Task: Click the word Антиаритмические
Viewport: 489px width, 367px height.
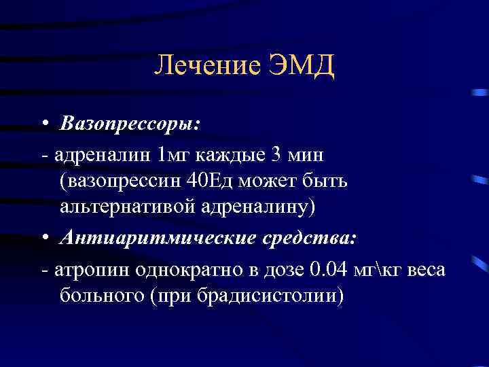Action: click(x=153, y=238)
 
